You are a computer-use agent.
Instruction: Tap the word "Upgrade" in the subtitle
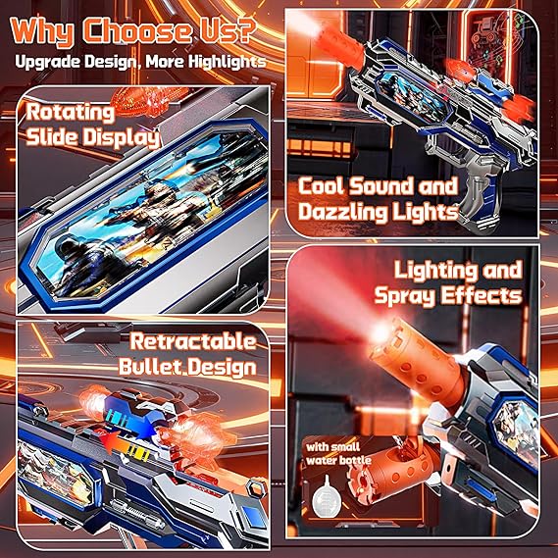point(47,63)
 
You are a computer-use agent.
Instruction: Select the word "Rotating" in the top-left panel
point(70,113)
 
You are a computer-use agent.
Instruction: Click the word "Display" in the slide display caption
point(122,138)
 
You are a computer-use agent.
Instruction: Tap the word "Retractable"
point(192,342)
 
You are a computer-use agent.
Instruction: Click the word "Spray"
point(405,296)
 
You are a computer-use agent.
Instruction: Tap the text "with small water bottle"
point(338,454)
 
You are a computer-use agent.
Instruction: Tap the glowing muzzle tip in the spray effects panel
point(381,332)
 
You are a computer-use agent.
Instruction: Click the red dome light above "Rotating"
point(149,97)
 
